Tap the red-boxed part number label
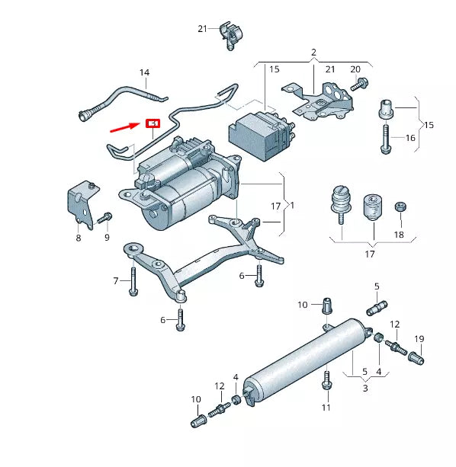[x=153, y=123]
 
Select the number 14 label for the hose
[x=144, y=73]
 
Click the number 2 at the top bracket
[x=313, y=53]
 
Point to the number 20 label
[x=355, y=69]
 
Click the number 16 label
[x=410, y=138]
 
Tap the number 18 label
[x=399, y=235]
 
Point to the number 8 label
[x=78, y=238]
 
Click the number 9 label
[x=106, y=238]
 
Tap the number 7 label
[x=117, y=281]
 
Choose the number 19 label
[x=419, y=338]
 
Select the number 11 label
[x=326, y=408]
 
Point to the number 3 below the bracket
[x=364, y=388]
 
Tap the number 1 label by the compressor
[x=291, y=206]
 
